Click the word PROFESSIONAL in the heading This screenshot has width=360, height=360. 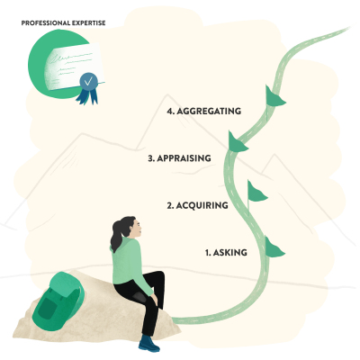pos(45,23)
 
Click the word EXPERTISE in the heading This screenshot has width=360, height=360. pos(88,23)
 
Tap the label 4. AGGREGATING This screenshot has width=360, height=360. pos(204,111)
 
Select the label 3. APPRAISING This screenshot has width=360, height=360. pos(179,158)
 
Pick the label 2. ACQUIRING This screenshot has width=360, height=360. pos(197,205)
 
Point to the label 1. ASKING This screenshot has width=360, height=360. pos(226,253)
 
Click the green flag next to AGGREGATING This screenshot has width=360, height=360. pos(274,96)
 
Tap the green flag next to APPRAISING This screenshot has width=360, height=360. pos(237,141)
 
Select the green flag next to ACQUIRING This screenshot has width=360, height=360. pos(256,192)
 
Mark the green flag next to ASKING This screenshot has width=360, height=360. pos(274,247)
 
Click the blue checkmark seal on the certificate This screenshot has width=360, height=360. pos(88,81)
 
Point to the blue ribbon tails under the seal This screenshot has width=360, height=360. pos(87,96)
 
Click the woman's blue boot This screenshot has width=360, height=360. pos(148,344)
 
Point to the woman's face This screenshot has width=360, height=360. pos(137,229)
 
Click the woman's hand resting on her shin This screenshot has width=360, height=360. pos(154,298)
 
